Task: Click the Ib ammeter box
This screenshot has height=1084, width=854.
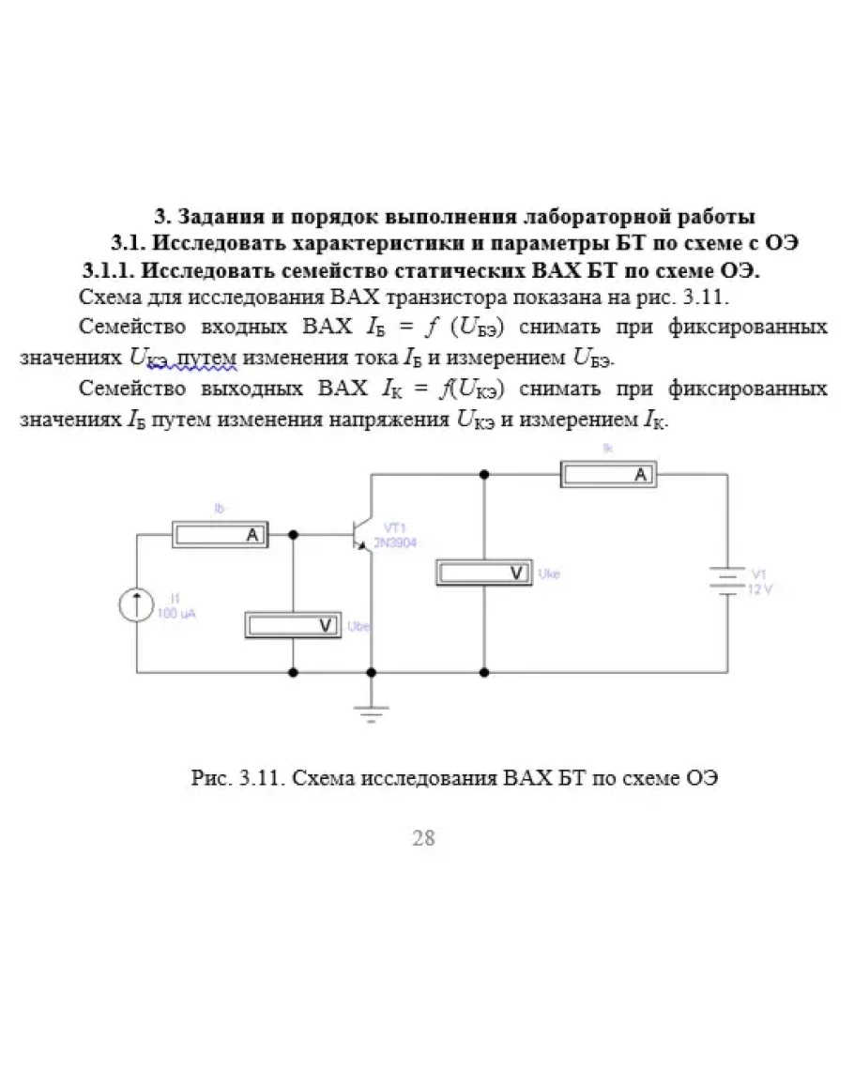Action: pyautogui.click(x=220, y=534)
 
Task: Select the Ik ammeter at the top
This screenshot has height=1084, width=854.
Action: pyautogui.click(x=608, y=474)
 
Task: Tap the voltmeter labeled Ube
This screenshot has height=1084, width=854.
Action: pyautogui.click(x=294, y=624)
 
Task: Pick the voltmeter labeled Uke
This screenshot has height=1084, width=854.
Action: pyautogui.click(x=484, y=572)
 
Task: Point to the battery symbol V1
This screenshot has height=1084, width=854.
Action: pyautogui.click(x=727, y=581)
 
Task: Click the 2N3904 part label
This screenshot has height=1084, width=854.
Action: pyautogui.click(x=396, y=542)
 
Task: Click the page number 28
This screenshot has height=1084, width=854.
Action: pyautogui.click(x=423, y=838)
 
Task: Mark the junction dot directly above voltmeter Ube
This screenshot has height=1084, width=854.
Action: pyautogui.click(x=294, y=534)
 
